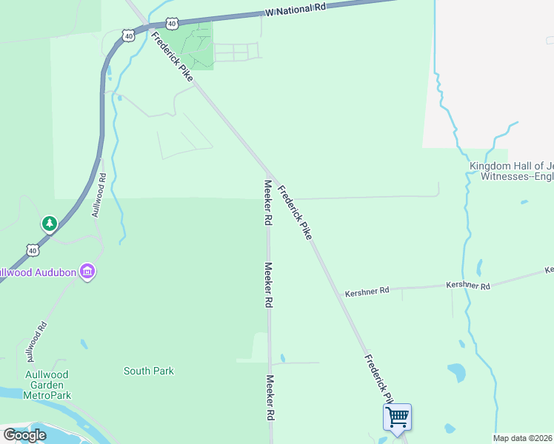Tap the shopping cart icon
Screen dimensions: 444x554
(397, 417)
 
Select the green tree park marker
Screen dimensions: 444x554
(50, 223)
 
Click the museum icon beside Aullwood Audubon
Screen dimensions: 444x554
(88, 272)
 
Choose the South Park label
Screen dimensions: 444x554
(149, 371)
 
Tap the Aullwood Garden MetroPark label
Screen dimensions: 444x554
(47, 386)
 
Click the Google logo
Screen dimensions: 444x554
(24, 435)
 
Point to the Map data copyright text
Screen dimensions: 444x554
(523, 438)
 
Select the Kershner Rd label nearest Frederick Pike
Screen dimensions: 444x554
(367, 292)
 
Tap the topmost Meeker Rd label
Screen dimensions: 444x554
(265, 202)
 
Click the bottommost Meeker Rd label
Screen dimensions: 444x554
(271, 398)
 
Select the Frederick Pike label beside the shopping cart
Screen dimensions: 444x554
(376, 376)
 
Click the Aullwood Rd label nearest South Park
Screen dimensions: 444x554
(35, 340)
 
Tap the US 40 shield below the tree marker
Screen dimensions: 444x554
(33, 251)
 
